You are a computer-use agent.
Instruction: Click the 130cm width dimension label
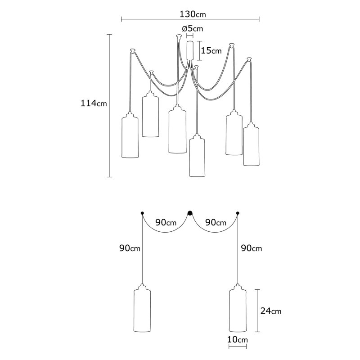tap(193, 14)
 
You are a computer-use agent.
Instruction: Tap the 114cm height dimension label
tap(94, 103)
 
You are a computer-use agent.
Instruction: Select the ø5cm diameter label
tap(193, 29)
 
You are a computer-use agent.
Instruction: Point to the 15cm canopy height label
tap(211, 50)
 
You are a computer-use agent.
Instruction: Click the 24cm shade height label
tap(271, 311)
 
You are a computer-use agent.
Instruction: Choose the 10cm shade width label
tap(238, 339)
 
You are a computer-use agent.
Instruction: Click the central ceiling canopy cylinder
tap(190, 51)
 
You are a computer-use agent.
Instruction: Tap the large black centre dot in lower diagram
tap(190, 213)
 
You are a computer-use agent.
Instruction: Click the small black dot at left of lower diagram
tap(142, 213)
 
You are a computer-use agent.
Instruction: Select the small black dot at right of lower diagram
tap(238, 213)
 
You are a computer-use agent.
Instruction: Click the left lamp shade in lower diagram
tap(142, 308)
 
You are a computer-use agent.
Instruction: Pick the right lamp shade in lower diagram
tap(238, 308)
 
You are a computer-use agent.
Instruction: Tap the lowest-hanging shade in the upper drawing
tap(197, 155)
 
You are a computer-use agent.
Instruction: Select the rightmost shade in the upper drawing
tap(251, 144)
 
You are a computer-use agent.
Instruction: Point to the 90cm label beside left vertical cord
tap(130, 248)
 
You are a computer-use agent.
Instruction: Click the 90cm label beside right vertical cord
tap(252, 248)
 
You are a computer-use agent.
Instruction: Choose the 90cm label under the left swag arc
tap(166, 222)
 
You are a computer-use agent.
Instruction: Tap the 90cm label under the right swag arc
tap(216, 222)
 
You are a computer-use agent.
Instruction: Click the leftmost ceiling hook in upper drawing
tap(133, 50)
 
